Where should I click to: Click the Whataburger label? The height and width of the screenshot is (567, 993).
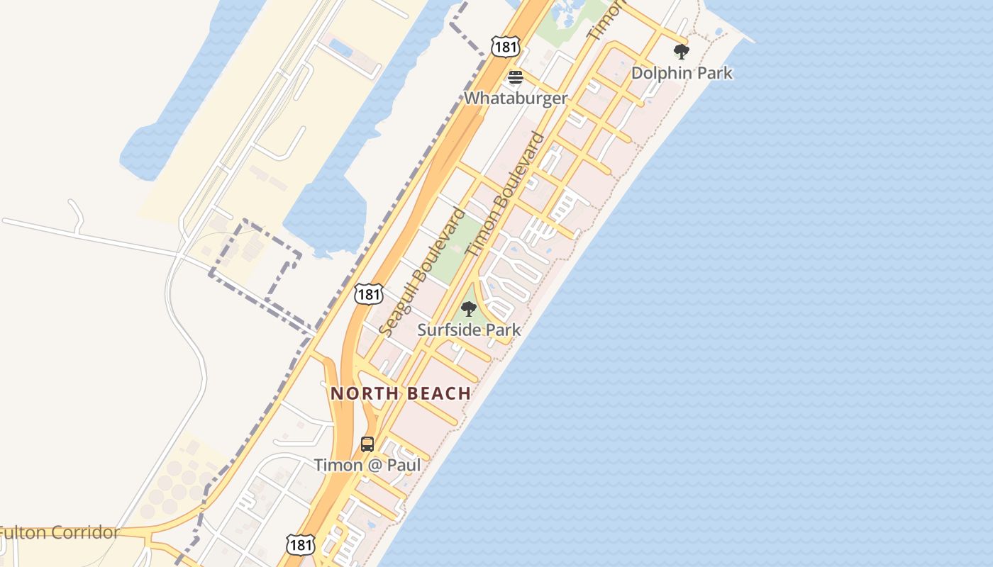[x=516, y=98]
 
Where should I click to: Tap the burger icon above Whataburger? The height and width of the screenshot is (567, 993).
[x=516, y=77]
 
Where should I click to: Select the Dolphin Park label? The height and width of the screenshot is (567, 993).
[x=682, y=72]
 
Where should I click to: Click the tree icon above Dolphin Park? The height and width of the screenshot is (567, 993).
[x=682, y=52]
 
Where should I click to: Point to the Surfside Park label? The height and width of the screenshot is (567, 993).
[x=469, y=330]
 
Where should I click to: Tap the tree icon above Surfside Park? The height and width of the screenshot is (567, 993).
[x=468, y=309]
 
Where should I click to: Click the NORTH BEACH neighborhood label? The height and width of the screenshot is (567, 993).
[x=401, y=393]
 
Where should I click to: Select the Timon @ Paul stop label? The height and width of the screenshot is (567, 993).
[x=367, y=465]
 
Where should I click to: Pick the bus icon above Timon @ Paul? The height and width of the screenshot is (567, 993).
[x=367, y=444]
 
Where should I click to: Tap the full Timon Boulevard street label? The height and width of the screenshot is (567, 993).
[x=506, y=193]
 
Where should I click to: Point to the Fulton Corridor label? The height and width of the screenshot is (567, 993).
[x=59, y=532]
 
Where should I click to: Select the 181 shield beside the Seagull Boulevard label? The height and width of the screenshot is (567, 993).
[x=369, y=293]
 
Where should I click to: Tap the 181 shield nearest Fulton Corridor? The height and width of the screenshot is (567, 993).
[x=301, y=544]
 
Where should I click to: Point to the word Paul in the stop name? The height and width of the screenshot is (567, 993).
[x=404, y=465]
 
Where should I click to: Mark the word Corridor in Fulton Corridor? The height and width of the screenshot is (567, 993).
[x=84, y=532]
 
